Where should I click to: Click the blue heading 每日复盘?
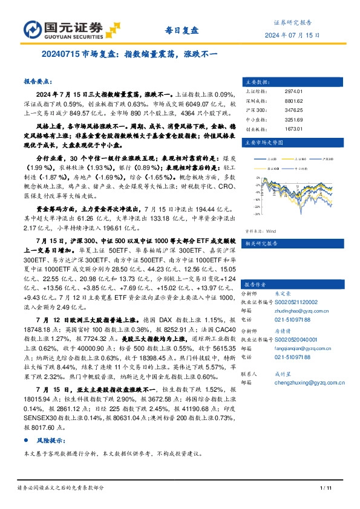click(180, 28)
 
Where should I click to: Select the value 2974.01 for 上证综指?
click(293, 91)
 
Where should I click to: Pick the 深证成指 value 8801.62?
click(293, 101)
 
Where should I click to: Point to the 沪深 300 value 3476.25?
click(293, 111)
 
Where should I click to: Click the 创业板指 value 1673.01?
click(293, 129)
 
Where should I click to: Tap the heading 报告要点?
click(38, 80)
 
